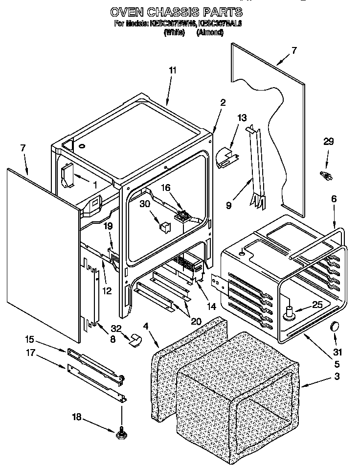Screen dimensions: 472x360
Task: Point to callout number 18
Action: tap(76, 418)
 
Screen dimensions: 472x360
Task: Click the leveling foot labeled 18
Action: tap(121, 433)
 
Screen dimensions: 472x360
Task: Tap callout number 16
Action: tap(166, 188)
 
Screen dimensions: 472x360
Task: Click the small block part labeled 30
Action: tap(164, 226)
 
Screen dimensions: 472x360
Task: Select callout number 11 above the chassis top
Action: tap(172, 70)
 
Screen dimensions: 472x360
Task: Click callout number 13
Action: tap(242, 118)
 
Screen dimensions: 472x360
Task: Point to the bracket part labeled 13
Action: tap(225, 158)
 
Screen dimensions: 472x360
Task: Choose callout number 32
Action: tap(115, 329)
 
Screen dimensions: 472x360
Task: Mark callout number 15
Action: tap(29, 339)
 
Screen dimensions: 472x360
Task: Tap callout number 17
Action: tap(29, 352)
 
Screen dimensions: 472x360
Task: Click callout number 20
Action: tap(197, 322)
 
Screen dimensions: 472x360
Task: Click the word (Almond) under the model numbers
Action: tap(210, 33)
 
